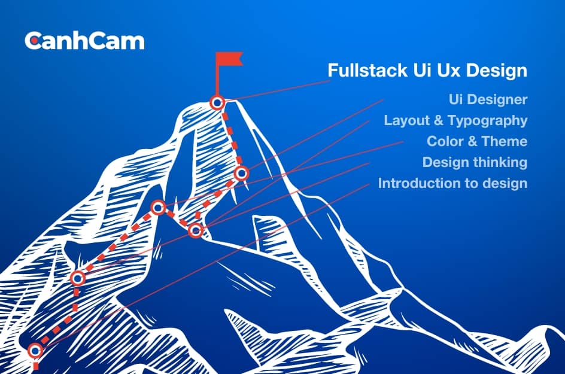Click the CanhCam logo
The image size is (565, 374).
click(84, 41)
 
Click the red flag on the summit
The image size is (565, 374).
click(229, 60)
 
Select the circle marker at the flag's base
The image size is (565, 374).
click(217, 102)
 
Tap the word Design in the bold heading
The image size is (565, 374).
click(496, 71)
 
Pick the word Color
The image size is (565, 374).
click(444, 141)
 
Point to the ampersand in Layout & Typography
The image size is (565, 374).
click(439, 120)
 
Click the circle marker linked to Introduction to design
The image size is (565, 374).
click(37, 350)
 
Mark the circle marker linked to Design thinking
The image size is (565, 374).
click(77, 278)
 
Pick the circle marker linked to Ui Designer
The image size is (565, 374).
click(241, 174)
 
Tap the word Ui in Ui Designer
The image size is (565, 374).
click(456, 99)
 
